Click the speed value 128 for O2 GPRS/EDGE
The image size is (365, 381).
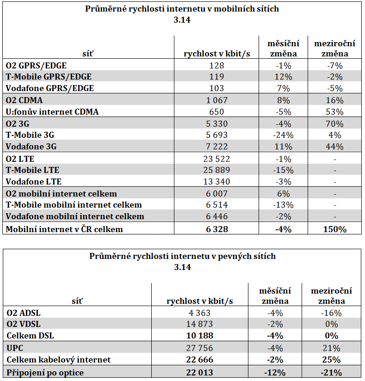pos(217,65)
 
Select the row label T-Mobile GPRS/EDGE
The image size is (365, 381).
pos(49,77)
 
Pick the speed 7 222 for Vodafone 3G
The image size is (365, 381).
pos(217,147)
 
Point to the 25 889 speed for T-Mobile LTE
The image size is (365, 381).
pos(217,170)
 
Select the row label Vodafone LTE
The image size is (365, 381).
pos(34,182)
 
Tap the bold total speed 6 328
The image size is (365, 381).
pos(217,229)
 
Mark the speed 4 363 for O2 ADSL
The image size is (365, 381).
pos(200,313)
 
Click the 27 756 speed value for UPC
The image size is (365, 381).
pos(200,348)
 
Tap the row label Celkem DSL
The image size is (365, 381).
pos(30,336)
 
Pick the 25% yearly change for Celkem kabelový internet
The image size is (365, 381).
pos(331,360)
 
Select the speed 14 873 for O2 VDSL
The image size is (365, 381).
pos(200,324)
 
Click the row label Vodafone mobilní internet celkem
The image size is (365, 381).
pos(75,216)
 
